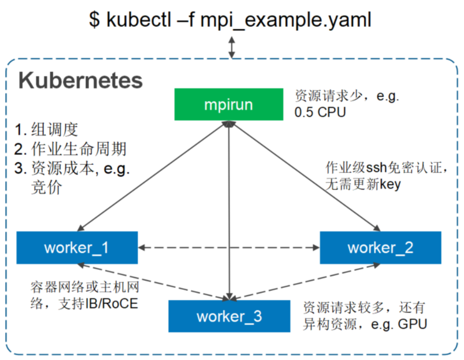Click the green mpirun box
(x=229, y=104)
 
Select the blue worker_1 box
(x=77, y=248)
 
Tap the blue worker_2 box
(x=381, y=248)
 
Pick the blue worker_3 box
(x=229, y=316)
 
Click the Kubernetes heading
(x=80, y=80)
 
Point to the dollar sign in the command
(x=94, y=20)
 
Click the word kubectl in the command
(x=139, y=20)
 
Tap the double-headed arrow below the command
(x=232, y=47)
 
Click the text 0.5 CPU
(x=320, y=112)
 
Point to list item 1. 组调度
(x=46, y=130)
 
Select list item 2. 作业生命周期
(x=70, y=149)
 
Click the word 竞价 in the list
(x=47, y=187)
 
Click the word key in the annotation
(x=390, y=185)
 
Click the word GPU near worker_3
(x=412, y=324)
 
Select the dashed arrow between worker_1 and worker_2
(x=229, y=248)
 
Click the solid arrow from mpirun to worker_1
(x=152, y=176)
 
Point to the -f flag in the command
(x=185, y=20)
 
